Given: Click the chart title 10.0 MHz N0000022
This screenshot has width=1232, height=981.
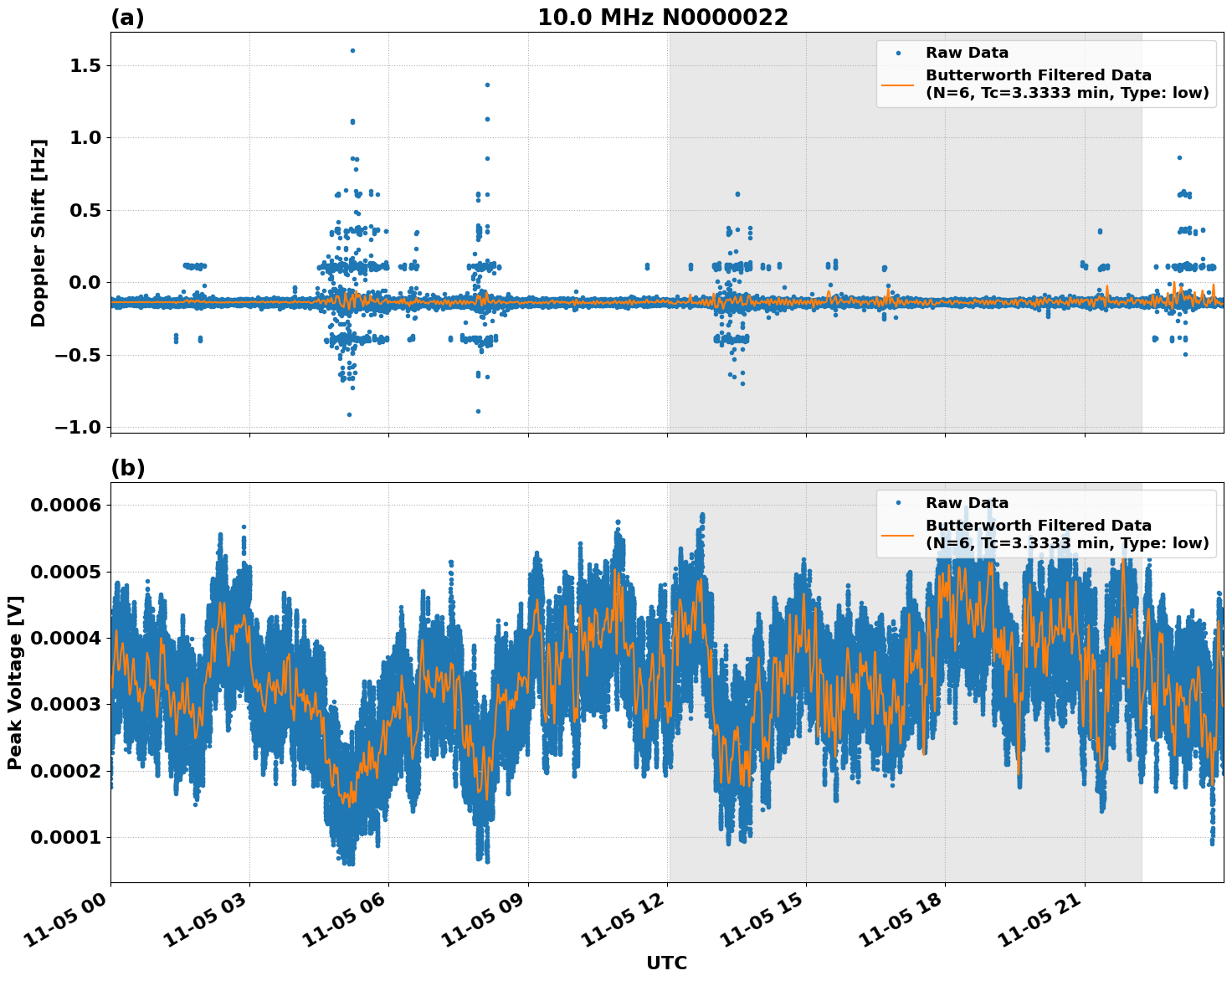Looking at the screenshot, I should click(x=662, y=18).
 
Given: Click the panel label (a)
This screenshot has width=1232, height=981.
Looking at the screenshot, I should click(x=127, y=18).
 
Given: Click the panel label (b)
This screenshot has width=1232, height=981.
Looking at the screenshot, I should click(x=127, y=468).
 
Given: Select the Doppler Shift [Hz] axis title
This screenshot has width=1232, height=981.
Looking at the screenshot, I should click(x=38, y=233).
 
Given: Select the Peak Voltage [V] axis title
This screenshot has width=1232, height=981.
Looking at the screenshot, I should click(x=15, y=682).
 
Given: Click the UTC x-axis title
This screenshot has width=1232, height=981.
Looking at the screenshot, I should click(x=666, y=963).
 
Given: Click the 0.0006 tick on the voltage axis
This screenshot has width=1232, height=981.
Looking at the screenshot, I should click(x=65, y=505).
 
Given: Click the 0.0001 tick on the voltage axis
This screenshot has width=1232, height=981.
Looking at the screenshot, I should click(x=65, y=837).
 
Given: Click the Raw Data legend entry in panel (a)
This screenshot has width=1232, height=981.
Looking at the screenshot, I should click(x=967, y=53).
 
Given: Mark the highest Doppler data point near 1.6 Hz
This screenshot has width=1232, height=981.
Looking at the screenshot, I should click(x=352, y=50).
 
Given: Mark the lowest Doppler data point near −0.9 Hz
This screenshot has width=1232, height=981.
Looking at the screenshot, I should click(x=349, y=414).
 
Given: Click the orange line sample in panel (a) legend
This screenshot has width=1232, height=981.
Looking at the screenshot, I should click(x=897, y=84).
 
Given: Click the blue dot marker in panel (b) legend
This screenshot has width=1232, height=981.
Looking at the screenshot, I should click(x=897, y=503).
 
